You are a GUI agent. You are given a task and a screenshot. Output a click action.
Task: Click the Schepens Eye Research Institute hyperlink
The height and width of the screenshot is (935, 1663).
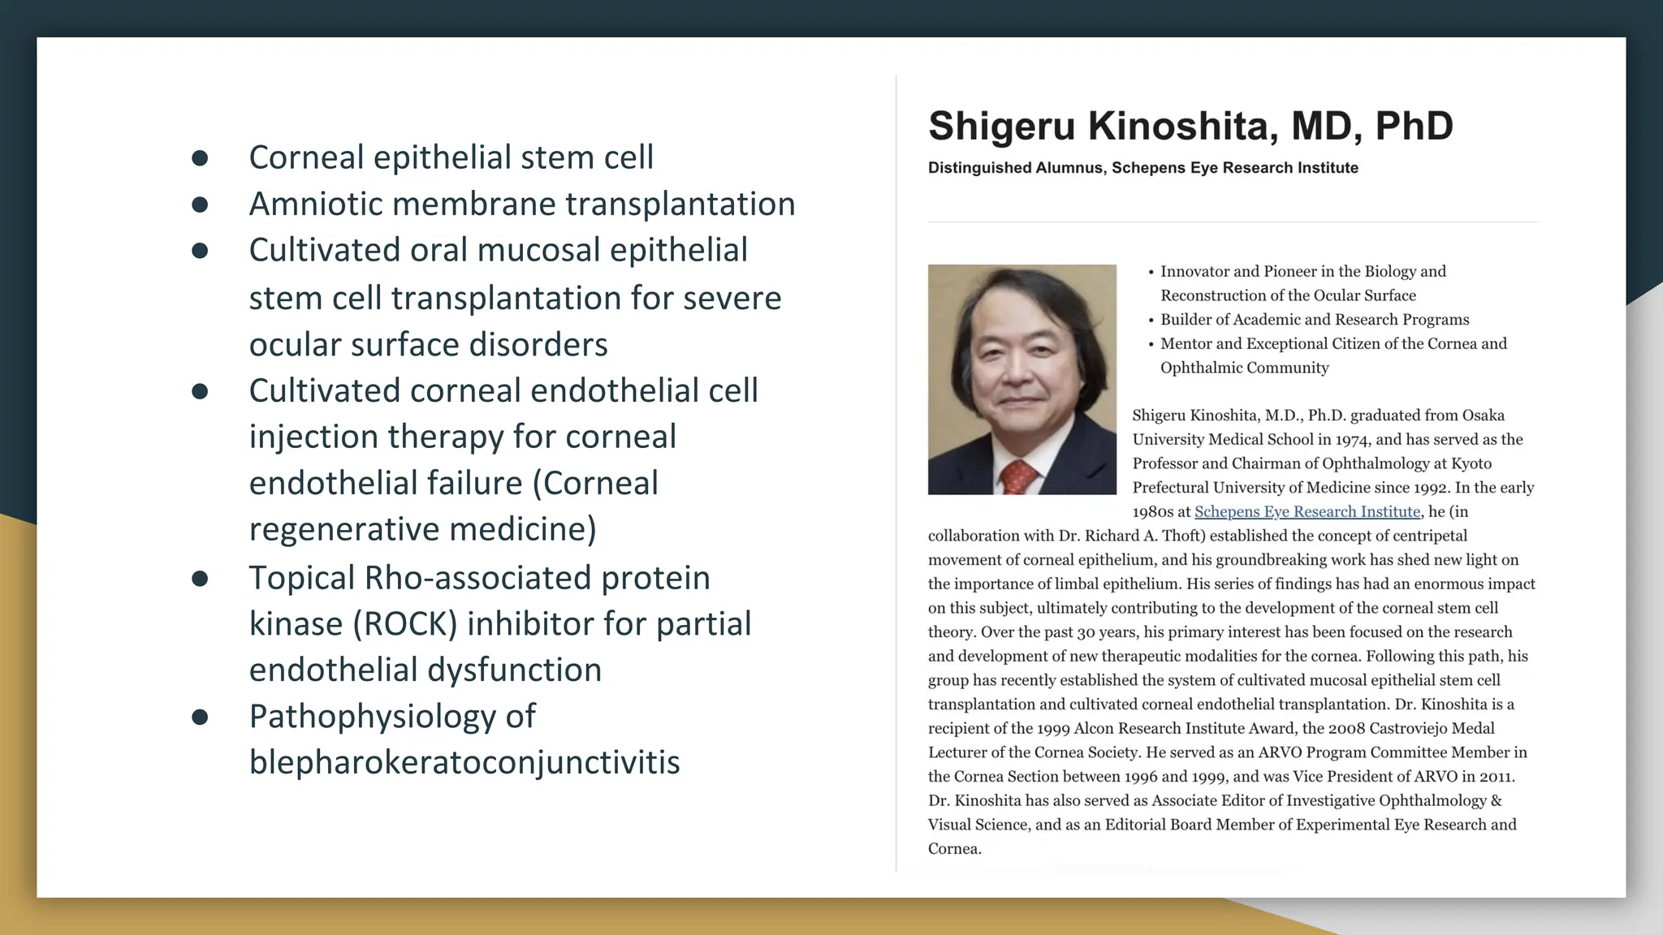[x=1307, y=512]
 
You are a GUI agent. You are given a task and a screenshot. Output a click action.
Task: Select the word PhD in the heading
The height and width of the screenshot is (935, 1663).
[x=1414, y=127]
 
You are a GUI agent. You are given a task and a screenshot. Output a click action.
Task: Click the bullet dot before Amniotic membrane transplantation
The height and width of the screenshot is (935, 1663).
[x=200, y=205]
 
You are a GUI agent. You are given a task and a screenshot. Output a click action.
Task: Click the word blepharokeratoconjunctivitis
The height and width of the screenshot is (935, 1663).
[x=464, y=762]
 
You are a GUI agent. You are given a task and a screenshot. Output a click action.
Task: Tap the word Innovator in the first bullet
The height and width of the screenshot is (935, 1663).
[x=1194, y=272]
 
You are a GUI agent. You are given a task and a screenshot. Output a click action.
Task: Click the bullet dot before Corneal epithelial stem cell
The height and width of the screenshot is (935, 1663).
[x=200, y=158]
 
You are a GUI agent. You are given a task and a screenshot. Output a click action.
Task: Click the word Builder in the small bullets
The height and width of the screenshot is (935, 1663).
[x=1186, y=320]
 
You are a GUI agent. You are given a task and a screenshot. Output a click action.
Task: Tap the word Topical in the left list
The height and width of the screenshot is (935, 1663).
[x=301, y=578]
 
